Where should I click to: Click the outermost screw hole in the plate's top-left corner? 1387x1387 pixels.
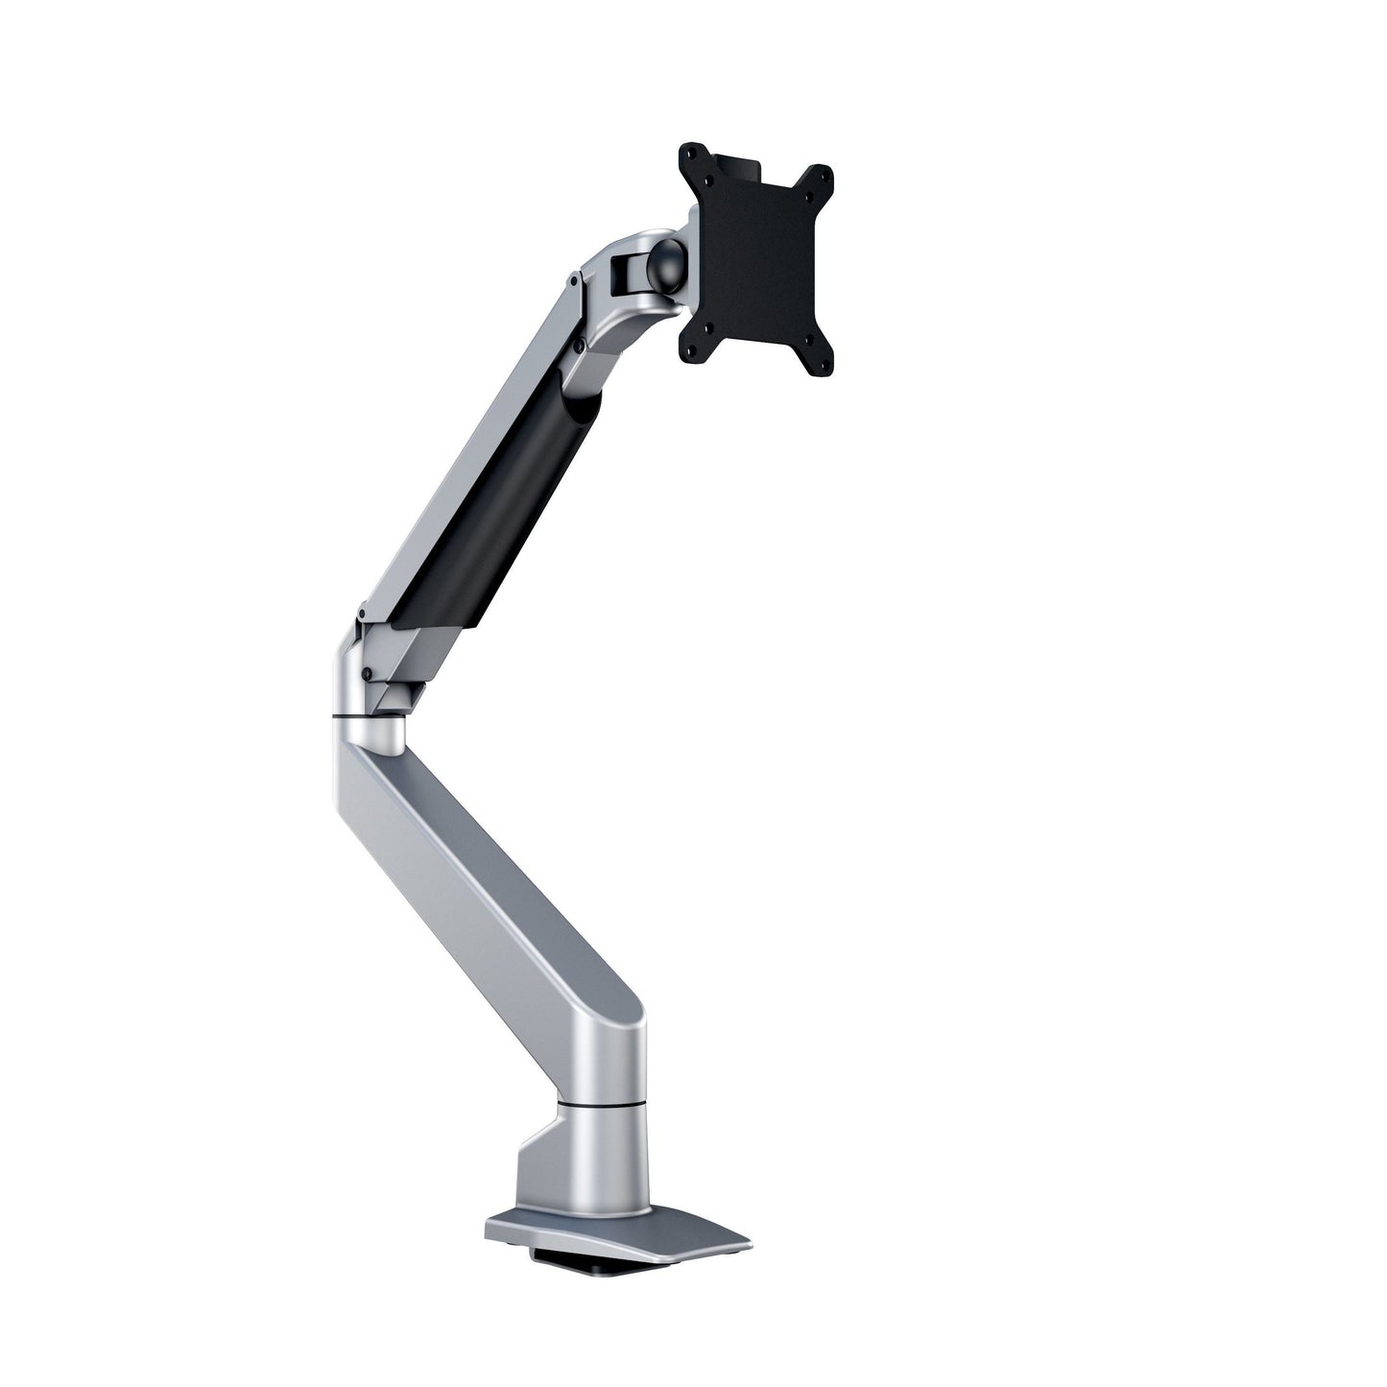688,151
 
